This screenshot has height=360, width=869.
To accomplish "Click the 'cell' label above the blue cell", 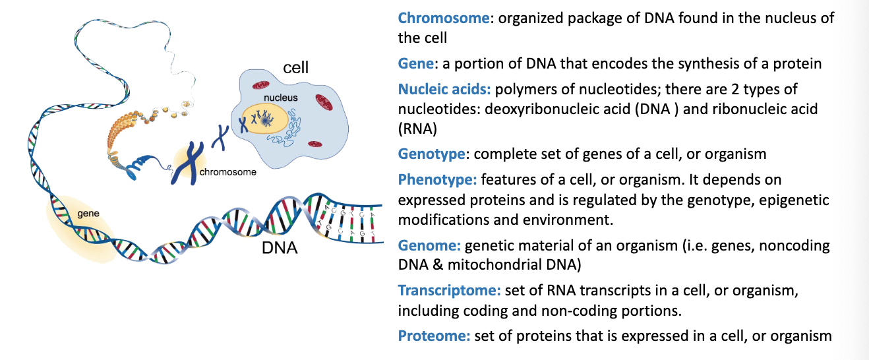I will point(295,67).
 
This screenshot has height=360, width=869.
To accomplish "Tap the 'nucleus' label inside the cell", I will point(281,98).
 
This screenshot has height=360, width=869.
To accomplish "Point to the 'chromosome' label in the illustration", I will point(227,173).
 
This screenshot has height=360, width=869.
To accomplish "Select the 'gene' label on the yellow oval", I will point(88,214).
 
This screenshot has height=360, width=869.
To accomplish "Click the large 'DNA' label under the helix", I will point(280,249).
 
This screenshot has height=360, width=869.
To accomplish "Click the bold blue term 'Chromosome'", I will point(444,18).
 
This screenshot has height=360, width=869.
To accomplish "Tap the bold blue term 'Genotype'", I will point(432,154).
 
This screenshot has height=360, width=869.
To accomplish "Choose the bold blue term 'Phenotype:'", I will point(438,179).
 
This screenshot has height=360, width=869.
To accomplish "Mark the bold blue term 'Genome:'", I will point(429,245).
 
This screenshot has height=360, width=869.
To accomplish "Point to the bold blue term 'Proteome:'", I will point(434,336).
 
